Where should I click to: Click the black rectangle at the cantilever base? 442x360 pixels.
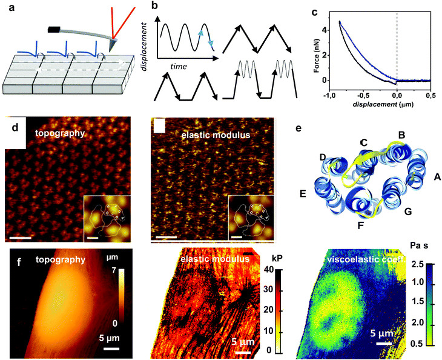(x=54, y=28)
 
